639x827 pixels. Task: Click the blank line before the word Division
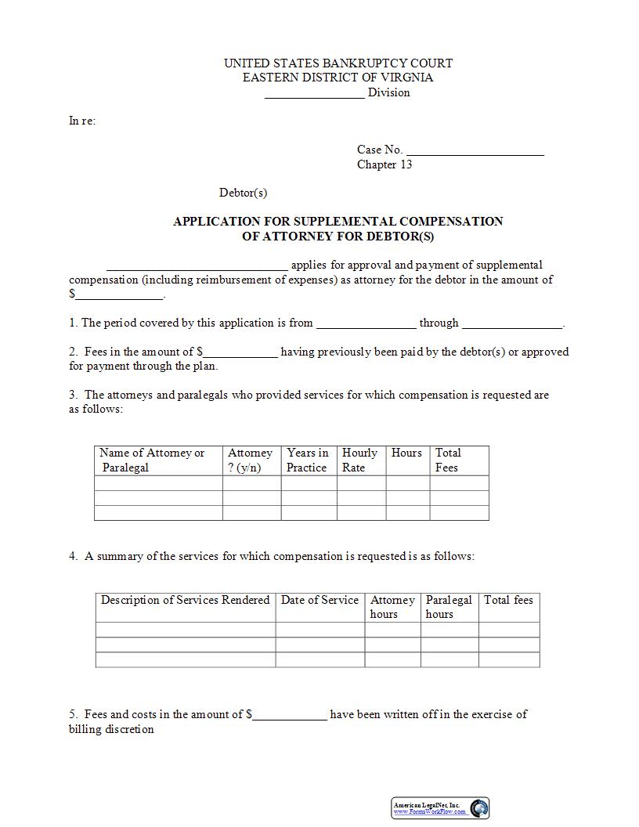314,93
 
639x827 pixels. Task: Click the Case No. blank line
475,150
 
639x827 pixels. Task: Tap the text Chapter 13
384,164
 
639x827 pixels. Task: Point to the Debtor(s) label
243,193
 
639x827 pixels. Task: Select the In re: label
82,121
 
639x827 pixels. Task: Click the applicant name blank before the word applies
197,265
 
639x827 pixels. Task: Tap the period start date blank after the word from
366,323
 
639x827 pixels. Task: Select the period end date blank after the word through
511,323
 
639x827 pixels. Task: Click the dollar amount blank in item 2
240,352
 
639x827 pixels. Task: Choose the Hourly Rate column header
359,460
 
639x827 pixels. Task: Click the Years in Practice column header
308,460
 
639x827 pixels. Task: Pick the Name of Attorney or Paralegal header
152,460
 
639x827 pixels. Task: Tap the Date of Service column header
319,600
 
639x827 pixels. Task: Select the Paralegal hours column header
449,607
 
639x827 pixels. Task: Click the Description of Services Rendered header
185,600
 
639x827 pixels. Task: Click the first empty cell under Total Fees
459,483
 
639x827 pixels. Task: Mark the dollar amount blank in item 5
289,715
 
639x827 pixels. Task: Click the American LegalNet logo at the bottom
440,808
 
